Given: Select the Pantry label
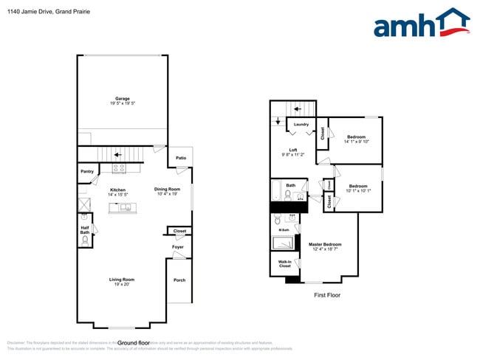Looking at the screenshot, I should click(x=87, y=172).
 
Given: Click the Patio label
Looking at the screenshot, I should click(x=181, y=158).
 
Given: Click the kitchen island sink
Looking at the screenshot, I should click(x=124, y=207).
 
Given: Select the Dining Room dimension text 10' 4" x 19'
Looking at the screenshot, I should click(x=167, y=194).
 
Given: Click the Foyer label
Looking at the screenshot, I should click(x=178, y=247).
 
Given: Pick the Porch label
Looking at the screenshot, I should click(x=179, y=280).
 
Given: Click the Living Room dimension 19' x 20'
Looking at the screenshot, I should click(x=123, y=284).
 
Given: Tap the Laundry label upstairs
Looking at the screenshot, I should click(x=301, y=124).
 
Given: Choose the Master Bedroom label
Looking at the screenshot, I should click(x=325, y=244).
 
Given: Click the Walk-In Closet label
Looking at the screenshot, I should click(x=285, y=263).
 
